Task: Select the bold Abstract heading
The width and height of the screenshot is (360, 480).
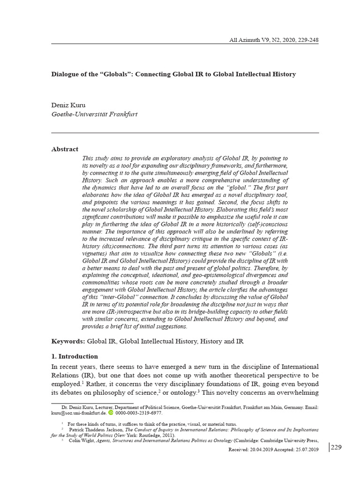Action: click(65, 149)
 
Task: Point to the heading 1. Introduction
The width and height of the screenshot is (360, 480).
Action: click(75, 356)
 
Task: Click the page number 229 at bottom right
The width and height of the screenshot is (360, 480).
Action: click(336, 447)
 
